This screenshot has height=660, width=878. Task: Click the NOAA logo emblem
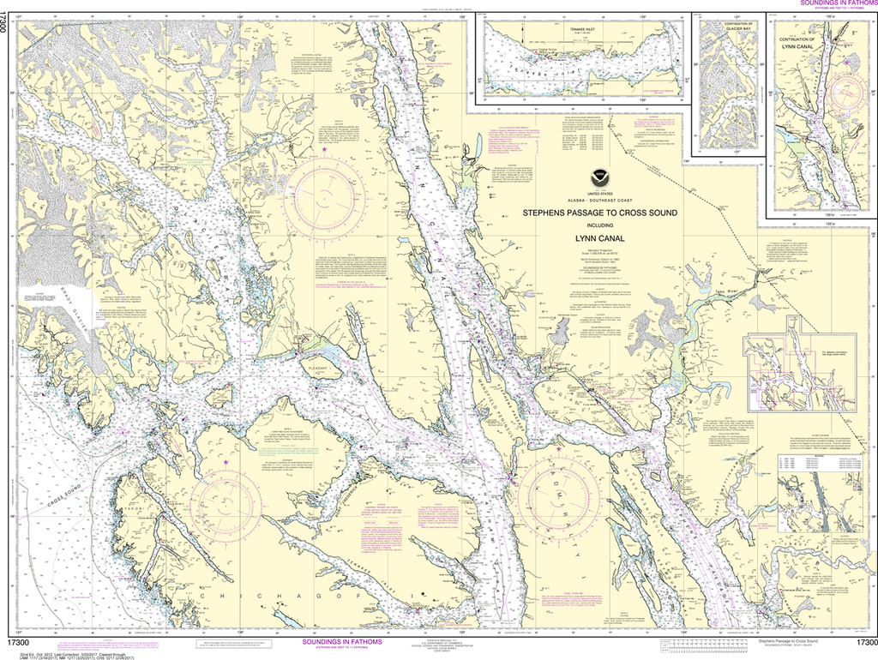(601, 179)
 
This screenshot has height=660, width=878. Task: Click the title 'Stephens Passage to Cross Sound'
(588, 212)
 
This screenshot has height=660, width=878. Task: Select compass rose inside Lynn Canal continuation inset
(847, 62)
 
